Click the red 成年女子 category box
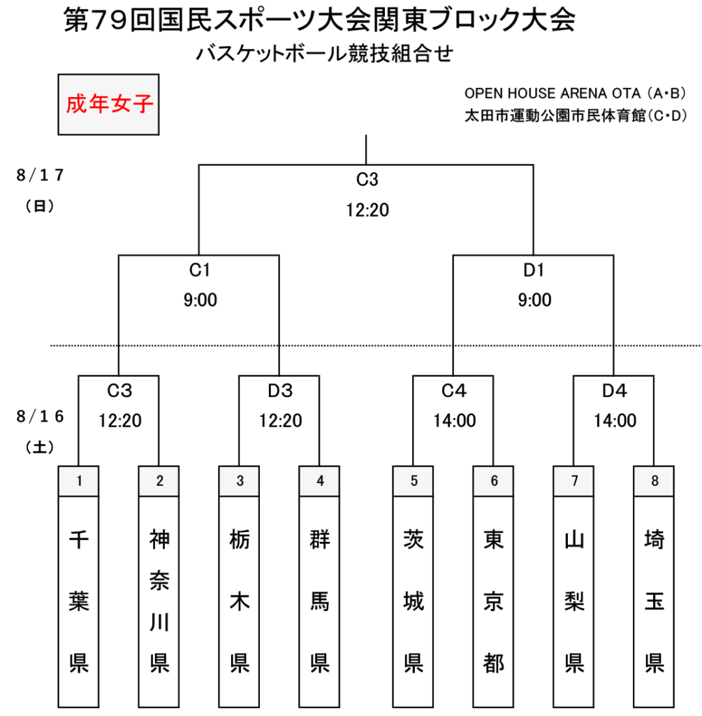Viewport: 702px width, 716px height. click(x=108, y=105)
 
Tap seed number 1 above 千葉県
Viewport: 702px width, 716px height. click(x=79, y=481)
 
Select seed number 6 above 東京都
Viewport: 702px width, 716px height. click(x=494, y=481)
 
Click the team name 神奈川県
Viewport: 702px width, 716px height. click(x=159, y=601)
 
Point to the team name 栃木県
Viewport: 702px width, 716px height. click(x=240, y=601)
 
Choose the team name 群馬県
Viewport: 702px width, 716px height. click(x=320, y=601)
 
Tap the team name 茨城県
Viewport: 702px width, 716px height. click(x=414, y=601)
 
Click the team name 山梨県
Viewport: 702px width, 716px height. click(x=574, y=601)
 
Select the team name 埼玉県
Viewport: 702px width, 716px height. click(x=655, y=601)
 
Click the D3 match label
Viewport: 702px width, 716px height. click(x=280, y=391)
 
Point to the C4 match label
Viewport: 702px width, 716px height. click(x=454, y=391)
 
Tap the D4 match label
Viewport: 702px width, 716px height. click(x=615, y=391)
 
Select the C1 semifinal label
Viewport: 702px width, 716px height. click(x=200, y=271)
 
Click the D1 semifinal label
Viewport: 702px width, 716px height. click(x=534, y=271)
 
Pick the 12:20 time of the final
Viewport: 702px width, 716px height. click(x=367, y=210)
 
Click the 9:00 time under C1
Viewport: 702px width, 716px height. click(x=200, y=300)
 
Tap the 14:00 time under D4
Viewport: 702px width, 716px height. click(x=615, y=420)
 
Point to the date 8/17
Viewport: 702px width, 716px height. click(x=40, y=175)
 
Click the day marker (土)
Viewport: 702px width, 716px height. click(x=40, y=447)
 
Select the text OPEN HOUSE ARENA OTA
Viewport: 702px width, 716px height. click(x=553, y=93)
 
